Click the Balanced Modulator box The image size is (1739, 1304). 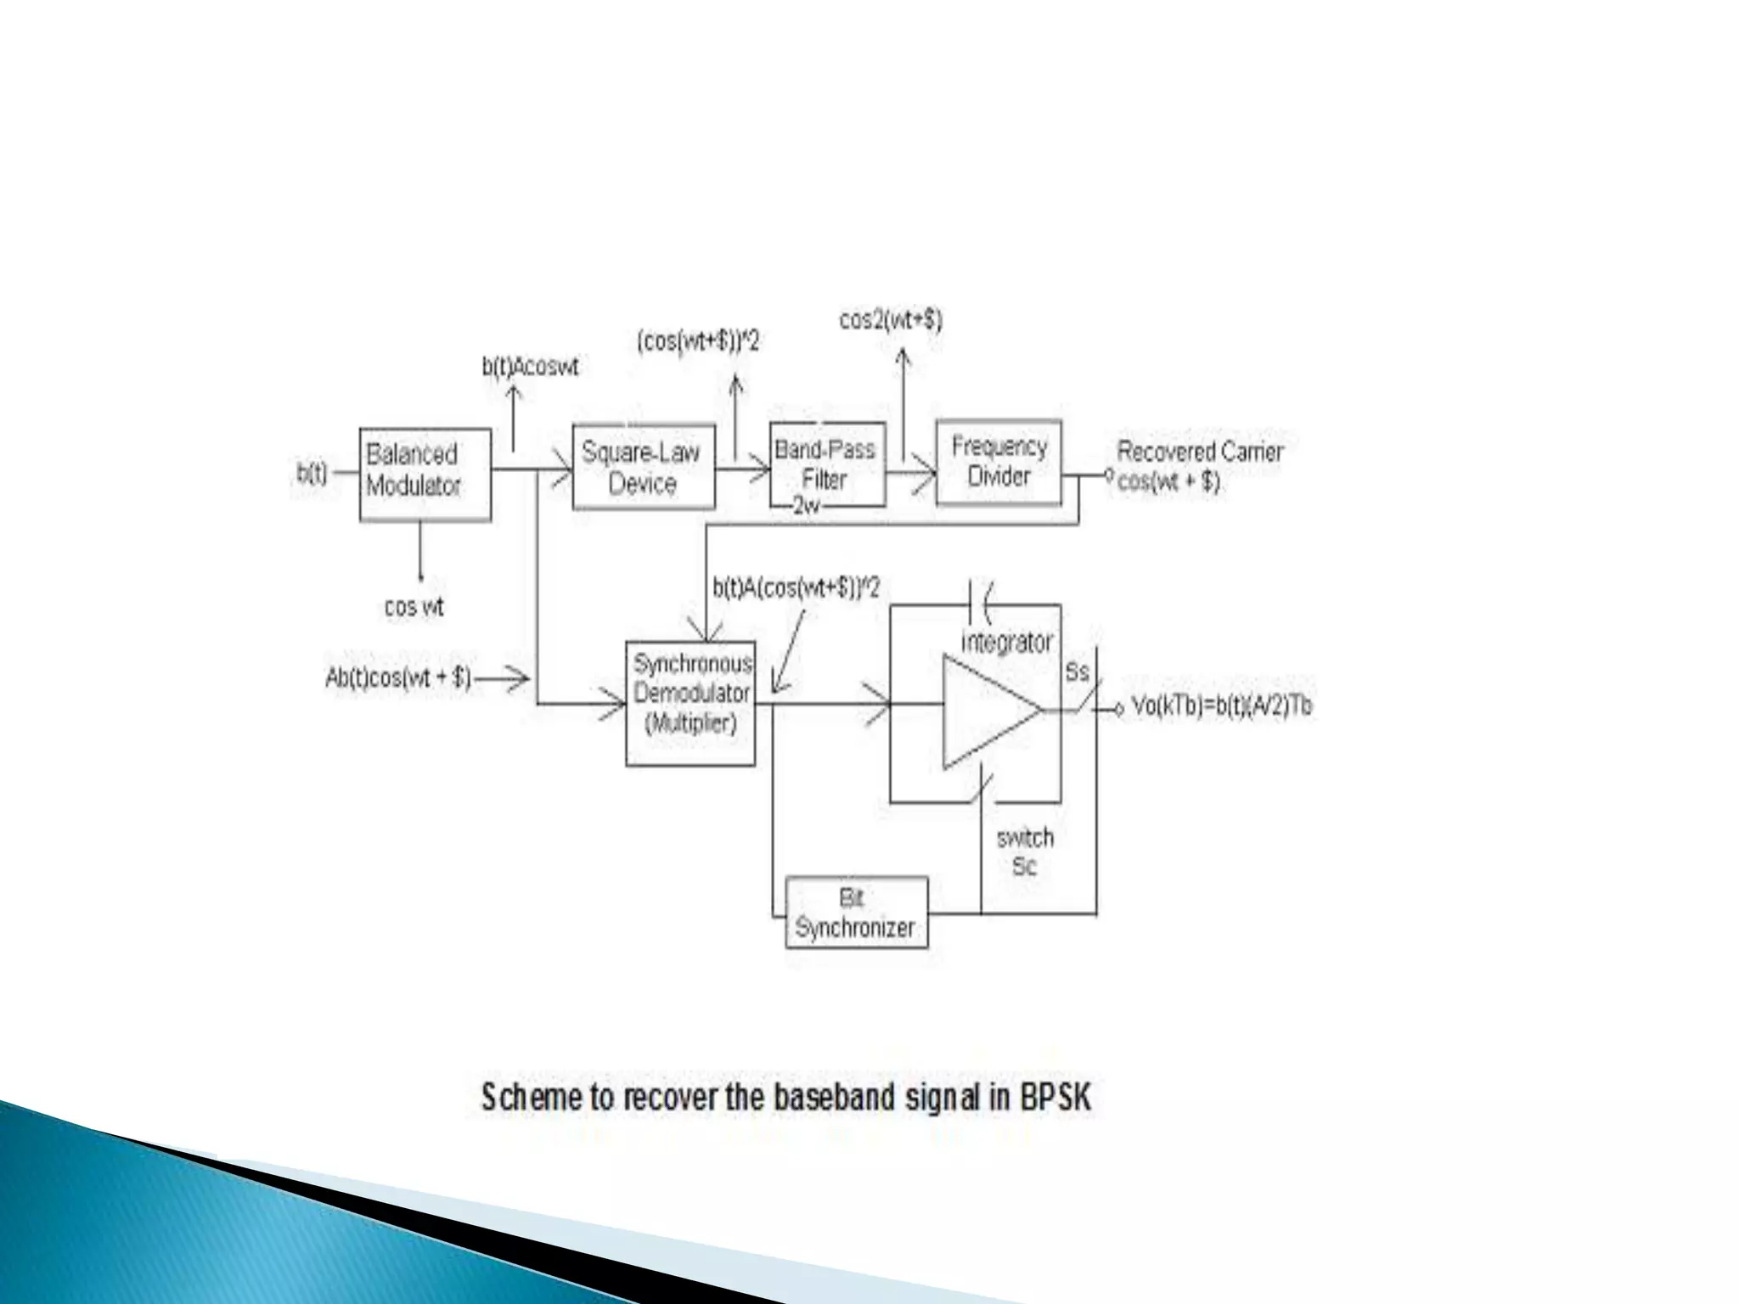425,474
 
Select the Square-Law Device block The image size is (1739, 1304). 643,467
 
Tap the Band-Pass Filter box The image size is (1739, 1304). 827,464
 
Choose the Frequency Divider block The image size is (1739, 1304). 999,463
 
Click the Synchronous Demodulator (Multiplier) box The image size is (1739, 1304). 690,703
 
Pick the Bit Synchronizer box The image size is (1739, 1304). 856,913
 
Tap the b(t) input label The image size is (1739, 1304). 312,473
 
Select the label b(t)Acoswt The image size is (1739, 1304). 531,367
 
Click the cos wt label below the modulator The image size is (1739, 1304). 414,607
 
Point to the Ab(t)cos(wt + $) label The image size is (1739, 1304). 398,677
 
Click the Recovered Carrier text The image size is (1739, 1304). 1199,452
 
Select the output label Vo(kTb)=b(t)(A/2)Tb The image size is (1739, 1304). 1221,706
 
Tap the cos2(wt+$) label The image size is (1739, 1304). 891,320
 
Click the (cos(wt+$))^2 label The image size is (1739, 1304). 698,341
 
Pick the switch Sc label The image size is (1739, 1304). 1025,852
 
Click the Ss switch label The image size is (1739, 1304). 1077,672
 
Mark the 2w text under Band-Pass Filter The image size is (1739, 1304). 806,506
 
